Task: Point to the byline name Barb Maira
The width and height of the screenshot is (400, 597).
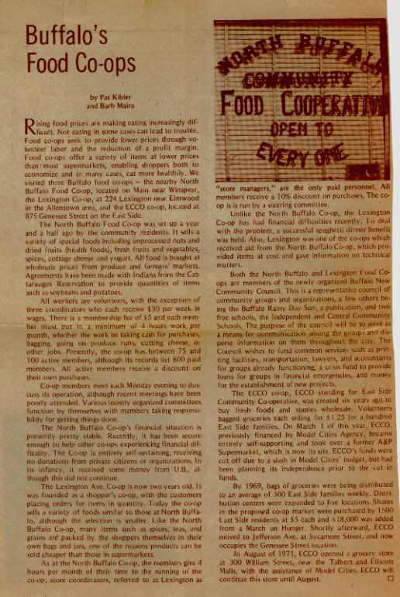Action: [x=114, y=108]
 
